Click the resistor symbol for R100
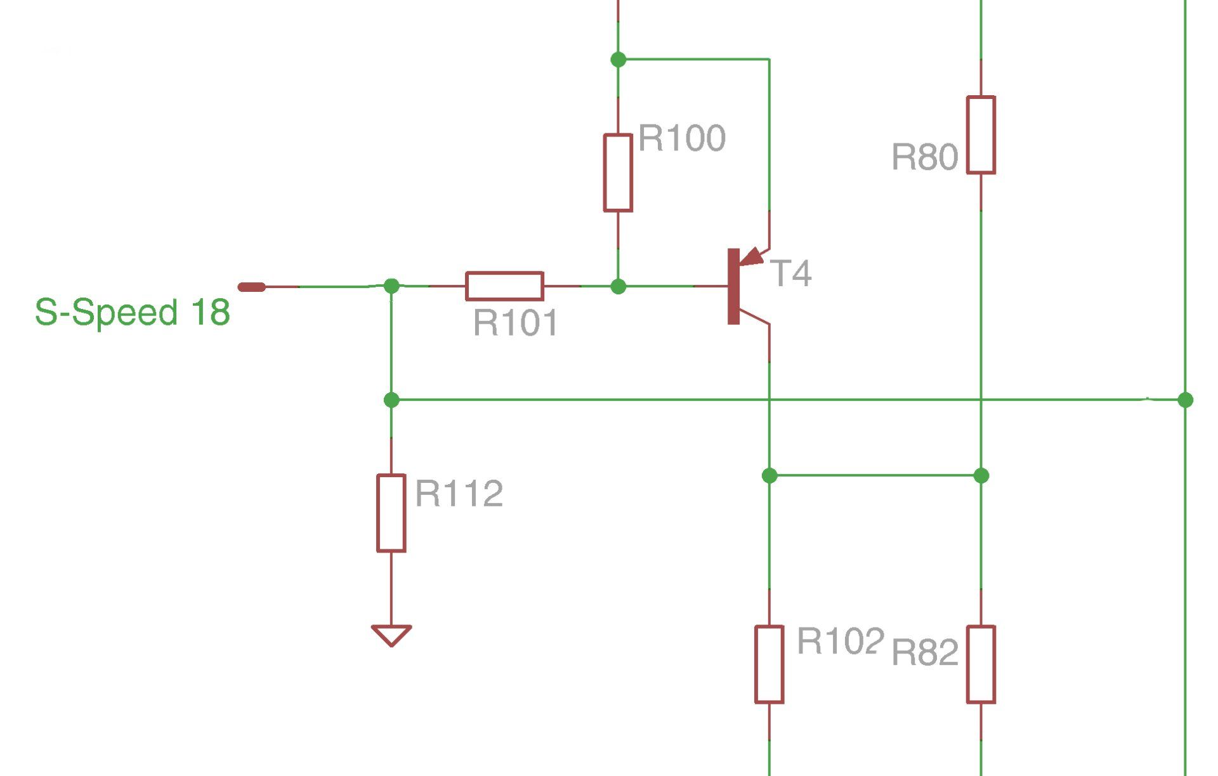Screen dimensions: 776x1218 click(x=617, y=173)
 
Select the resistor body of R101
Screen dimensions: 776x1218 click(x=504, y=286)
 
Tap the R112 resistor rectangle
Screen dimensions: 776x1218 click(x=391, y=513)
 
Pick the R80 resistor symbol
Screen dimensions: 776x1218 click(x=981, y=135)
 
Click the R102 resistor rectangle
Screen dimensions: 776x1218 click(x=769, y=664)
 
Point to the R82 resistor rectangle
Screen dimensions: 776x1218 click(x=981, y=664)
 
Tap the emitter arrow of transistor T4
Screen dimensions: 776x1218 click(x=752, y=257)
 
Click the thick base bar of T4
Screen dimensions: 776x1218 click(x=733, y=286)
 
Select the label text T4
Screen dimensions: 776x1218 click(x=790, y=273)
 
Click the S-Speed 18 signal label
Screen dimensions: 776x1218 click(x=132, y=312)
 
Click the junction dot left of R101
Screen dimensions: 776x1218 click(x=391, y=286)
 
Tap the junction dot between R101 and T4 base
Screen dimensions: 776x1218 click(x=618, y=287)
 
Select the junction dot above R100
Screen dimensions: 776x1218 click(x=618, y=60)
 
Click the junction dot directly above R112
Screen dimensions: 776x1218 click(x=391, y=400)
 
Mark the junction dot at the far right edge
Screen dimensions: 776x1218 click(x=1185, y=400)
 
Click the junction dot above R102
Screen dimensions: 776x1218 click(x=769, y=475)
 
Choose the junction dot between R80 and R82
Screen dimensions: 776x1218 click(x=981, y=475)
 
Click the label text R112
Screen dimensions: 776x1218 click(x=459, y=494)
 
